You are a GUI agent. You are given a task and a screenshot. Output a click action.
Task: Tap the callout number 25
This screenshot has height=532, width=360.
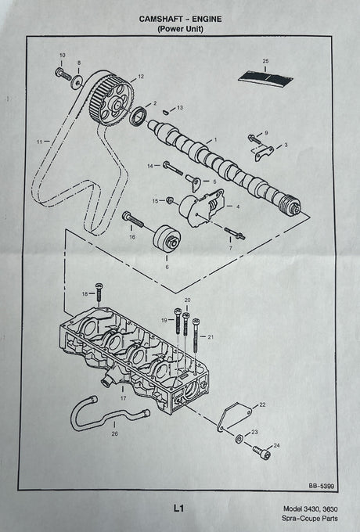point(265,61)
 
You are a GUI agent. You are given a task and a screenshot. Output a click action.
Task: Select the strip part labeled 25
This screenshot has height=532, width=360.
point(265,79)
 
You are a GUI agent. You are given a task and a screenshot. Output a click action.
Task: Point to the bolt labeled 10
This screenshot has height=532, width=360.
point(63,74)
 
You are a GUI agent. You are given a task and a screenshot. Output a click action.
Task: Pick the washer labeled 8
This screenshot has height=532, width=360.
point(77,82)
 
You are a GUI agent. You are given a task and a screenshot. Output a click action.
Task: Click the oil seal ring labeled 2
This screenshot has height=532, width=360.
point(139,115)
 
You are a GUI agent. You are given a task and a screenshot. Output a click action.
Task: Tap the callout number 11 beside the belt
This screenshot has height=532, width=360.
point(39,142)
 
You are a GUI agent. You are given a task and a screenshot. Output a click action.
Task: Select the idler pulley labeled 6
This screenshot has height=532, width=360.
point(167,239)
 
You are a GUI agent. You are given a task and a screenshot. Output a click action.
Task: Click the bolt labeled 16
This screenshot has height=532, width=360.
point(133,220)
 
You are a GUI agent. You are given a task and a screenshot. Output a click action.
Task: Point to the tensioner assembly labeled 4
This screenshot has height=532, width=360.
point(201,207)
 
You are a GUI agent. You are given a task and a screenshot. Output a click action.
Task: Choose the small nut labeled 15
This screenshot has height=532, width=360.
point(171,200)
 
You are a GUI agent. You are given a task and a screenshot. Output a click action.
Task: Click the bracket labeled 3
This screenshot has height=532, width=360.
point(264,153)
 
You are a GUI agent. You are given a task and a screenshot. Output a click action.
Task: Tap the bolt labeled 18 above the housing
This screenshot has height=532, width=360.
point(99,292)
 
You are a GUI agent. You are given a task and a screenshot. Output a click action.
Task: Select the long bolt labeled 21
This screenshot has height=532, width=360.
point(196,336)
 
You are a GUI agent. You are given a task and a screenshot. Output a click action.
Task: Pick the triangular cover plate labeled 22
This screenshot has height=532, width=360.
point(234,417)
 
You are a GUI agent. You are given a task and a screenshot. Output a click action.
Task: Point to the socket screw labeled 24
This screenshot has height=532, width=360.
point(261,453)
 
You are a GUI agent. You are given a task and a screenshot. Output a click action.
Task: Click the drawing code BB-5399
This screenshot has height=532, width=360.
point(321,486)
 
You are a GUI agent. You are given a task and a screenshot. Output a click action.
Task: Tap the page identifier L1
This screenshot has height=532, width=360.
point(178,509)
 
